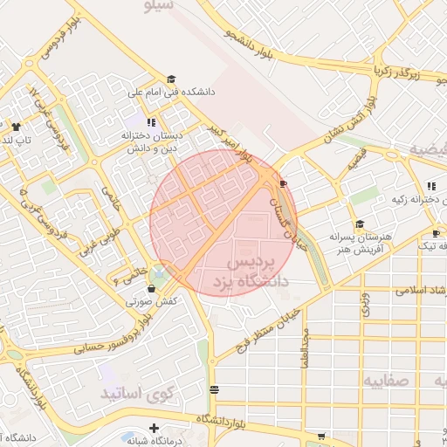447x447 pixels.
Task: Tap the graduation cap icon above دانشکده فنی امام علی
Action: point(170,79)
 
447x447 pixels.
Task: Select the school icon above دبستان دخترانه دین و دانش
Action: point(151,123)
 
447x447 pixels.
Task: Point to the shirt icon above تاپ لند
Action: point(16,127)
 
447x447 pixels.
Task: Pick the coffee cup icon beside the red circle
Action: point(284,183)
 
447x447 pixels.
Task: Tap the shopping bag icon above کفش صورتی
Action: point(152,288)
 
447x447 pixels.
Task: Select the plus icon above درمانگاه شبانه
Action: point(154,428)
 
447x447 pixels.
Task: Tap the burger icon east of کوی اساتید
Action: point(215,389)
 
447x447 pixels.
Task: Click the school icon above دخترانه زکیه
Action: point(431,185)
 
